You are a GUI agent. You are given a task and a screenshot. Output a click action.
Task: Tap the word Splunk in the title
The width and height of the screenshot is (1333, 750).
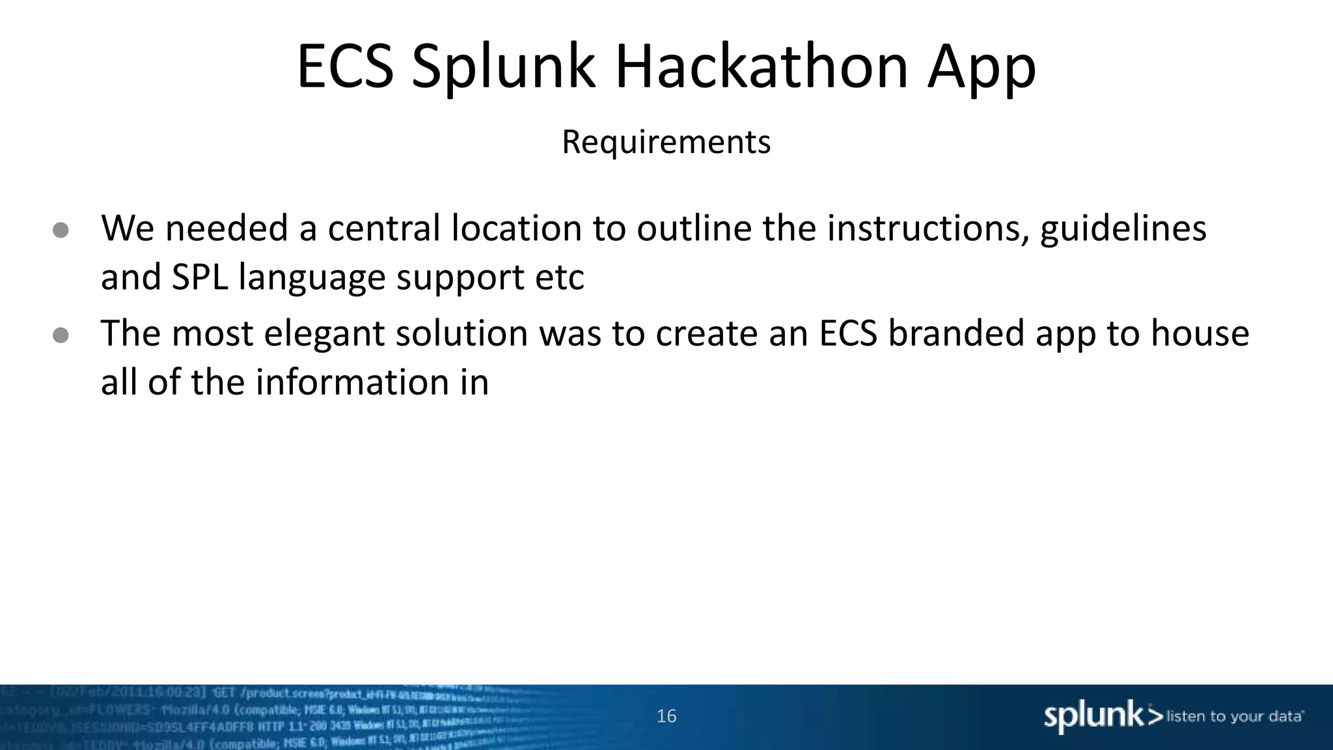(x=503, y=68)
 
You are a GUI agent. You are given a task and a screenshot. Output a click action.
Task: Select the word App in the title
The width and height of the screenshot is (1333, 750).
(x=982, y=68)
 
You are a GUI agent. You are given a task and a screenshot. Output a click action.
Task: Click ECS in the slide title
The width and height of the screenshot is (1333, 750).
(x=345, y=66)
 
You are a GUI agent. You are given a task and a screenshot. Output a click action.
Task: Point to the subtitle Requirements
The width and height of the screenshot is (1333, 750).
(x=666, y=142)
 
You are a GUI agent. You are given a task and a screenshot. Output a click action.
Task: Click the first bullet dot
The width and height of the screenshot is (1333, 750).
(x=61, y=230)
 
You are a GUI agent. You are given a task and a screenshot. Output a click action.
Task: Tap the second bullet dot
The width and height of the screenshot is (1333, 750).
(x=61, y=335)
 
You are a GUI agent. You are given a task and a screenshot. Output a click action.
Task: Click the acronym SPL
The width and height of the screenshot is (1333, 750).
(x=200, y=277)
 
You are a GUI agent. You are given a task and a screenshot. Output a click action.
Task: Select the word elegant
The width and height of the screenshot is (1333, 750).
(x=324, y=335)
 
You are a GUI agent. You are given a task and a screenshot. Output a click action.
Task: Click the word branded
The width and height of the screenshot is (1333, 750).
(x=956, y=333)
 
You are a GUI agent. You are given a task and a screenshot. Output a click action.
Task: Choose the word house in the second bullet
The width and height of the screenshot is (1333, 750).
(x=1200, y=333)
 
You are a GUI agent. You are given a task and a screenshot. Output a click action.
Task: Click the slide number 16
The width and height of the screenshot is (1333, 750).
(x=666, y=716)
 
